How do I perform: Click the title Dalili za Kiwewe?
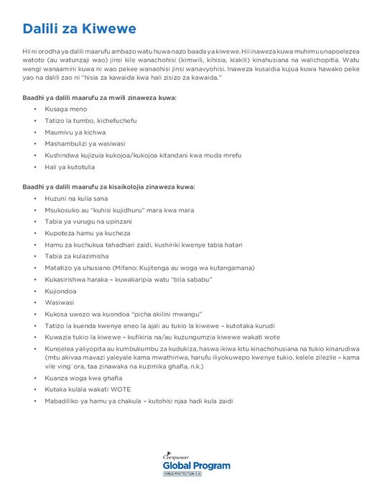point(79,29)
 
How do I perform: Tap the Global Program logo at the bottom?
point(197,465)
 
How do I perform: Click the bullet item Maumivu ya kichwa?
point(75,132)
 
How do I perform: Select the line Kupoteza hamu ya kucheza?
point(87,233)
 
